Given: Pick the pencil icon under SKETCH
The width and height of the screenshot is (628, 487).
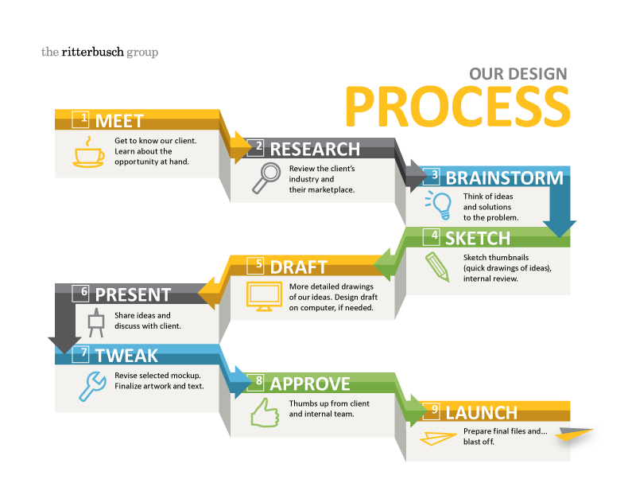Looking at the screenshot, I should click(x=436, y=266).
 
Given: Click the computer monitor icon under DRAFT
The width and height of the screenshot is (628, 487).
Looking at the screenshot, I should click(x=263, y=295).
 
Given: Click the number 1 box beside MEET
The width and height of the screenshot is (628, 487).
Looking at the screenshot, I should click(x=81, y=119).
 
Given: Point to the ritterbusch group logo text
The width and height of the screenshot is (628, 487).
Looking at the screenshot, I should click(x=99, y=53).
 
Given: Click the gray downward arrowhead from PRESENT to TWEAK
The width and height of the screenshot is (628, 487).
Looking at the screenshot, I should click(x=64, y=343).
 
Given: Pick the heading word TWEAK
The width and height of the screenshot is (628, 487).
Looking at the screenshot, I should click(x=126, y=355).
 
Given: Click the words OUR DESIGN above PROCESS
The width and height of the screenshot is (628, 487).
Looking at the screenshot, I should click(x=518, y=74).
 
